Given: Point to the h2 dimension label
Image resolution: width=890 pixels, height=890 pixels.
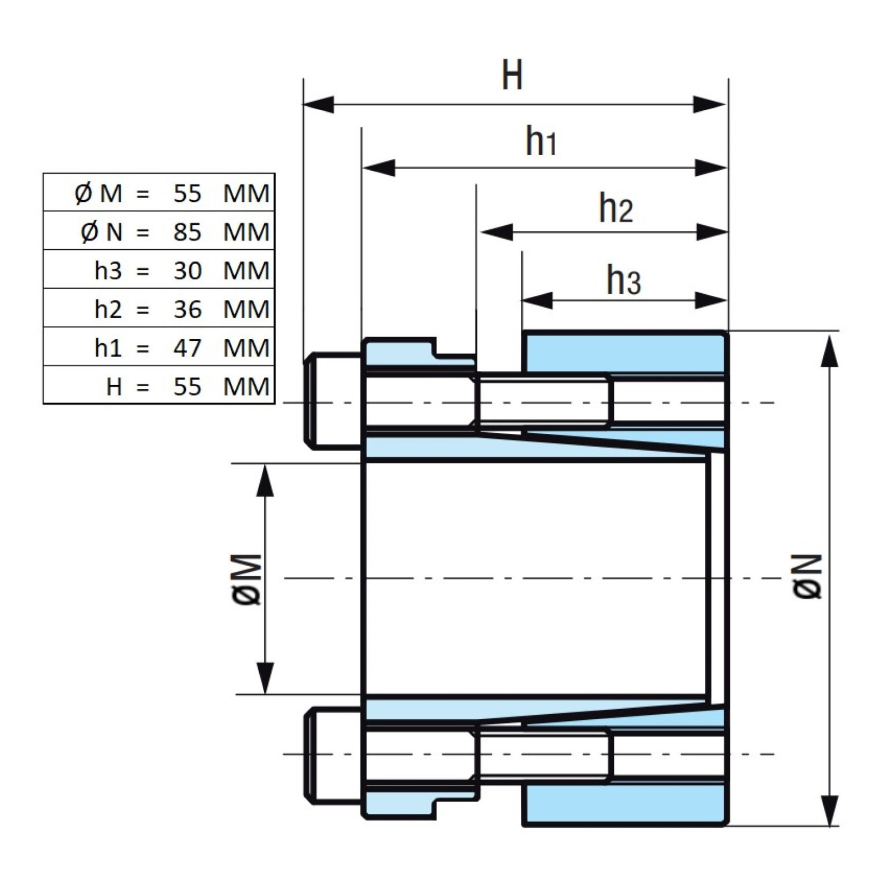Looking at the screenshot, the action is pyautogui.click(x=616, y=207).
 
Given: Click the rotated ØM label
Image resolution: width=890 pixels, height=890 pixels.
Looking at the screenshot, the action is pyautogui.click(x=246, y=579).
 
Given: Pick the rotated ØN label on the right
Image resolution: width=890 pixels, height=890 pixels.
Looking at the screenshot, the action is pyautogui.click(x=807, y=576).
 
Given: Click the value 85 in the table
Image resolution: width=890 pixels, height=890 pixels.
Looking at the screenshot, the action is pyautogui.click(x=187, y=232).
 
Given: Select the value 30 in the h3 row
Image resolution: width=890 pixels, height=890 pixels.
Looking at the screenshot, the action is pyautogui.click(x=187, y=271).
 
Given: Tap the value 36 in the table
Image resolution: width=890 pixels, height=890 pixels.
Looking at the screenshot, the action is pyautogui.click(x=187, y=309).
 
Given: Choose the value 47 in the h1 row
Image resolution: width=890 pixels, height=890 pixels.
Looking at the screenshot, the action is pyautogui.click(x=187, y=348).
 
